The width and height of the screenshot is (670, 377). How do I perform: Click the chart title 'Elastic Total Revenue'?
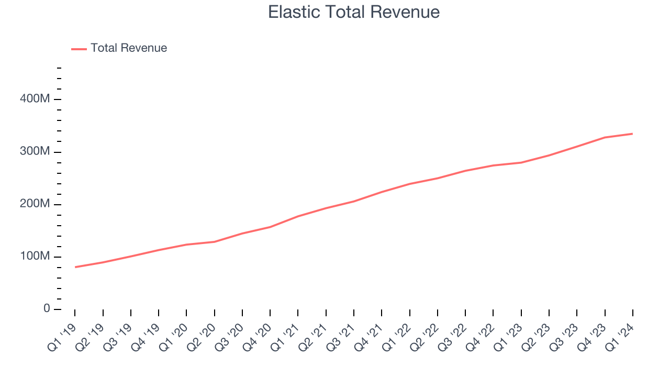point(354,12)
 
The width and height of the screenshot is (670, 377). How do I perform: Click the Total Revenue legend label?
point(129,48)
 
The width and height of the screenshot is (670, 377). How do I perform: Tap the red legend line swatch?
point(79,49)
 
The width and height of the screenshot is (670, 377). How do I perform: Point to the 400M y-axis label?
point(36,99)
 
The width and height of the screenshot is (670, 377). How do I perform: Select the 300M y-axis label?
point(36,152)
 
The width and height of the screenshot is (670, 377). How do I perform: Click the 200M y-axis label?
point(36,204)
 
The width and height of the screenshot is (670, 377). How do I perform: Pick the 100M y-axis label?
point(36,257)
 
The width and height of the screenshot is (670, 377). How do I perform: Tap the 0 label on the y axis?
point(47,309)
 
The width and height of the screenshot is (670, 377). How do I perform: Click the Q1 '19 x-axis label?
point(62,335)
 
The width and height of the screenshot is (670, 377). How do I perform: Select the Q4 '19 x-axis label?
point(146,335)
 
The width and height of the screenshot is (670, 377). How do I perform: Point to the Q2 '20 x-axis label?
point(202,335)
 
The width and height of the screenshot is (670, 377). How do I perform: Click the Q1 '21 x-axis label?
point(285,335)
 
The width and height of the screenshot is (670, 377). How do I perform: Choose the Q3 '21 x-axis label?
point(341,335)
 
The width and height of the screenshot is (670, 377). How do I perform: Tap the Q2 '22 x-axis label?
point(425,335)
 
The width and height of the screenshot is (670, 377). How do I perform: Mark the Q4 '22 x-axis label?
point(481,335)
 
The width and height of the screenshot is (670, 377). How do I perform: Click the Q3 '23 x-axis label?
point(564,335)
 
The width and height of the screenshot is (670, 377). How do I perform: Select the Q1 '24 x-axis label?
point(620,335)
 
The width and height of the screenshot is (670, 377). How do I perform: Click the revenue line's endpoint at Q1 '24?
point(632,134)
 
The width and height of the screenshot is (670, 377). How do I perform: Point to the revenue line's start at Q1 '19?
point(75,267)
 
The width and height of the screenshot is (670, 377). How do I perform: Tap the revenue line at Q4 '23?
point(605,137)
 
